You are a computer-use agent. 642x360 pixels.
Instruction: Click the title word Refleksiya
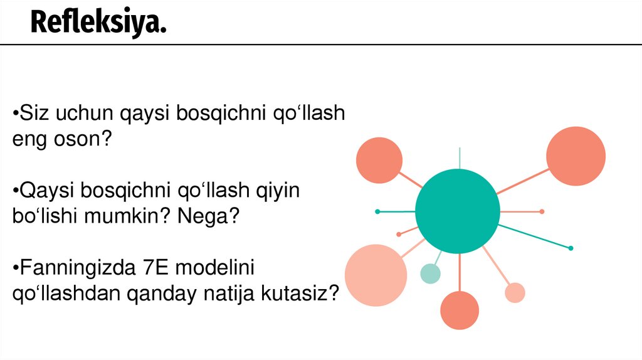click(x=98, y=23)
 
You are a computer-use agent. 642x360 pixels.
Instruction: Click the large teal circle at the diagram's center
click(x=458, y=211)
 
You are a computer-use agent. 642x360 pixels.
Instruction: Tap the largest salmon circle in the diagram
click(x=576, y=156)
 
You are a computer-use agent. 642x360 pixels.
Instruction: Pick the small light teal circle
click(x=430, y=273)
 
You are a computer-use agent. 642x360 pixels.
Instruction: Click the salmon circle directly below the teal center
click(x=459, y=310)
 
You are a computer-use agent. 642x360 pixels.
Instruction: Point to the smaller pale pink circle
click(x=515, y=292)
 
